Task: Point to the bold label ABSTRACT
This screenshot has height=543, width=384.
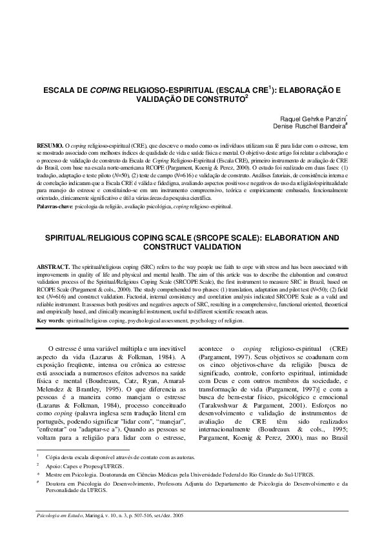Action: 52,248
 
